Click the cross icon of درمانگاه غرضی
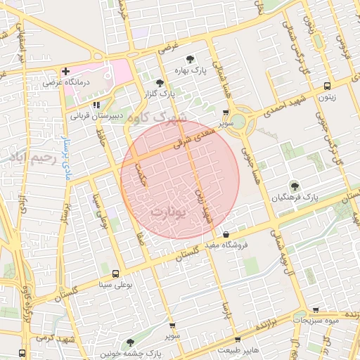[65, 71]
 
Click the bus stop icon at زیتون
[326, 86]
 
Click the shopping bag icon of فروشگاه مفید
[225, 235]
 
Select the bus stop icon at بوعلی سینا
[115, 274]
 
